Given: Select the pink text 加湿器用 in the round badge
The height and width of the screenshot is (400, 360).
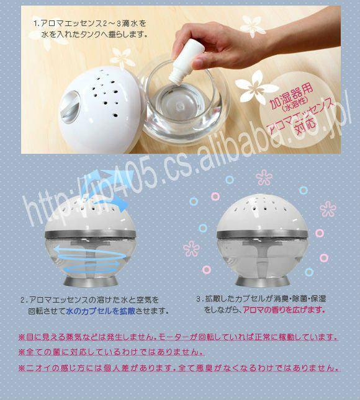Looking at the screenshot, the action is point(291,96).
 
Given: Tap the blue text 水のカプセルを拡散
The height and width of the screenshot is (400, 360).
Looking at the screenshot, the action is point(101,311).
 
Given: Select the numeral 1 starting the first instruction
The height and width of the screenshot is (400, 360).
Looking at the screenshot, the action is point(35,24).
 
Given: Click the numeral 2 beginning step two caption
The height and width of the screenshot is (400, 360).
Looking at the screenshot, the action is point(23,300).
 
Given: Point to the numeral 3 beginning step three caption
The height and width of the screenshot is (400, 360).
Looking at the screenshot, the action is point(199,299).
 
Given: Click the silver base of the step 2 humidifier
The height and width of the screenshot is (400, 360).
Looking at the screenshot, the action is point(90,282).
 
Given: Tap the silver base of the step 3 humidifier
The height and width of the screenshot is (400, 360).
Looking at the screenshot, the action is point(262,281).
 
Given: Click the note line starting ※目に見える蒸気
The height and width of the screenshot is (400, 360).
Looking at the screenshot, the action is point(178,337).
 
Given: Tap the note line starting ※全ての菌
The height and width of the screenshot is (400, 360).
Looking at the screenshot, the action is point(111,352).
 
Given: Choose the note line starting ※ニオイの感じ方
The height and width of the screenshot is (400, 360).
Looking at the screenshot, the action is point(179,368).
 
